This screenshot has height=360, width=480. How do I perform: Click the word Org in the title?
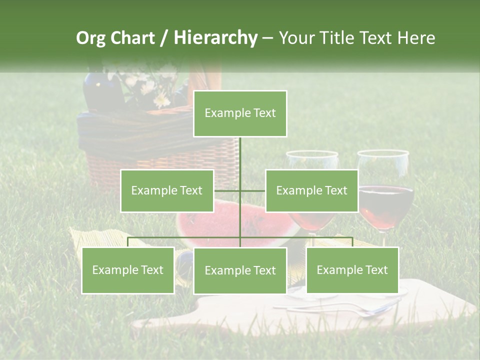click(x=90, y=38)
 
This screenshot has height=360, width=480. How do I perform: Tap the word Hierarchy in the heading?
click(x=215, y=38)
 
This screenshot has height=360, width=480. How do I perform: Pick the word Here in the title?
click(x=416, y=38)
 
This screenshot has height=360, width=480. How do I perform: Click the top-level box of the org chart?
click(x=240, y=113)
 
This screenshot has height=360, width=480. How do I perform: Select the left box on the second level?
click(x=167, y=190)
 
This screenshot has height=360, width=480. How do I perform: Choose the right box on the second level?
click(x=311, y=190)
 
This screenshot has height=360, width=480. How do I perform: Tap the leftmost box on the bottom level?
click(x=128, y=270)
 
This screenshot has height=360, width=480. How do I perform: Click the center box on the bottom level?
click(x=240, y=270)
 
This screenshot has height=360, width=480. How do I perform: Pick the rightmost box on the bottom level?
click(x=352, y=270)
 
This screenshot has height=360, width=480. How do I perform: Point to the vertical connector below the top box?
click(x=240, y=160)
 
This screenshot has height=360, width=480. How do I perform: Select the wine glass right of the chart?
click(x=385, y=200)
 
